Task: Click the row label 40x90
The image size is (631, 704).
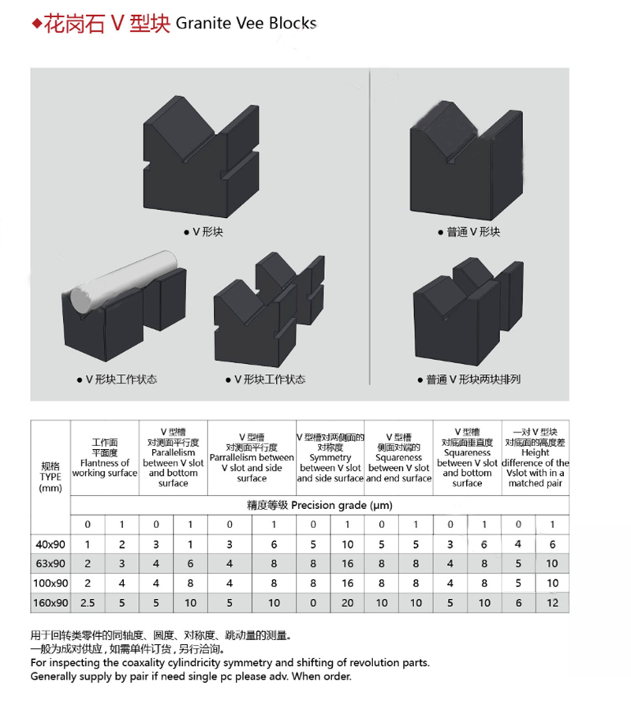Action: coord(50,544)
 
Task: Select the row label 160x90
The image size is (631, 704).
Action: coord(50,602)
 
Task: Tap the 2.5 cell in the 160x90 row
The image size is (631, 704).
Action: coord(88,602)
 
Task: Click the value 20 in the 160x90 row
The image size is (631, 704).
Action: coord(347,602)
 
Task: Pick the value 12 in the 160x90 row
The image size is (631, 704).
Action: coord(552,602)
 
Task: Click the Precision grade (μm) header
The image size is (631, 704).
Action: coord(319,505)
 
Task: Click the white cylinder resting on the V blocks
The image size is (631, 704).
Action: coord(122,281)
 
